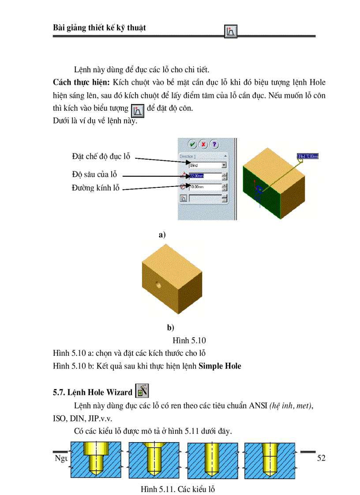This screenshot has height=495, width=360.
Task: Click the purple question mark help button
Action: [214, 144]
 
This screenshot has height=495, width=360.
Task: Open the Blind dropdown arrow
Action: [224, 165]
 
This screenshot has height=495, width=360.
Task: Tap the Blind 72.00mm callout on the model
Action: [308, 156]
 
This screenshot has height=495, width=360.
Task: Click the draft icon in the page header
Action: [231, 31]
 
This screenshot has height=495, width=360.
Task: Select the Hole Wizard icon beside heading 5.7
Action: [142, 391]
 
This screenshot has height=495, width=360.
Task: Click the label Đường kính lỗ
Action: [96, 188]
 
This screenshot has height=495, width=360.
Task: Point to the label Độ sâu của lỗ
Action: [94, 174]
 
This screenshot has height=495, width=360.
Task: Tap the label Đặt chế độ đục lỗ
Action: [101, 156]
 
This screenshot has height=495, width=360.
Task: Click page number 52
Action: [321, 458]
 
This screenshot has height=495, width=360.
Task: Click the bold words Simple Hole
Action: [220, 366]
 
